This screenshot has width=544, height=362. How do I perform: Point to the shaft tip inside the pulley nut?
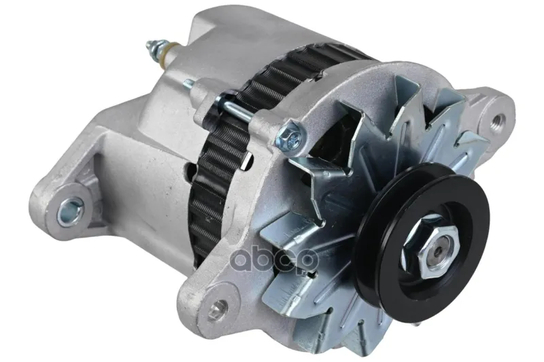(439, 252)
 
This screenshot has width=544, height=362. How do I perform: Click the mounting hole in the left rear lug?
(71, 210)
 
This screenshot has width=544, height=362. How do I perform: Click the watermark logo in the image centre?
(275, 258)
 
